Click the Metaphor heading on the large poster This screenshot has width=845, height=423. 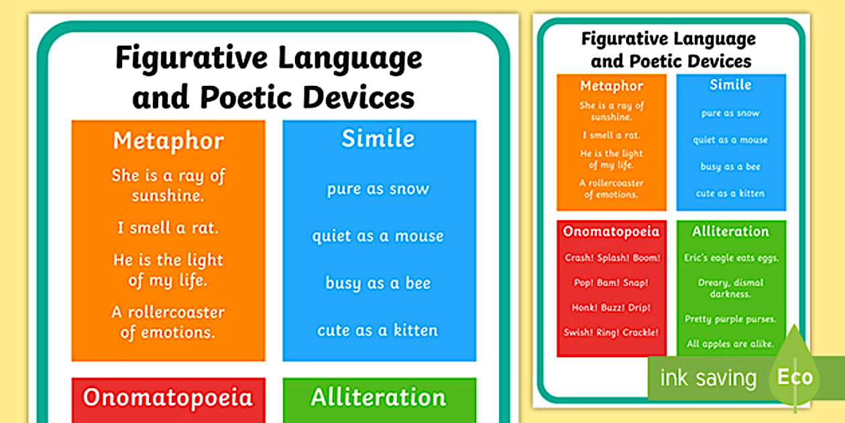click(x=168, y=141)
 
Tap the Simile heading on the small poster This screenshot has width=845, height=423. click(x=730, y=85)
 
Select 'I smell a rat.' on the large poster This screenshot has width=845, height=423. click(x=168, y=228)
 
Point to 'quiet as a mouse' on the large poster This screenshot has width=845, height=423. click(x=378, y=236)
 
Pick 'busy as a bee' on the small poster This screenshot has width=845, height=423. click(x=730, y=167)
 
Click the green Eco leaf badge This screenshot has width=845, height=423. click(x=795, y=376)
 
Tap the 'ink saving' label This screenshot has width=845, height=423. click(x=708, y=378)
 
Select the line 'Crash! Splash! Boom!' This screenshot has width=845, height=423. click(x=612, y=258)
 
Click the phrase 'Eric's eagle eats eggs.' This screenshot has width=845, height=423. click(x=730, y=258)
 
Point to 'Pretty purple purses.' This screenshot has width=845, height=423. click(x=730, y=319)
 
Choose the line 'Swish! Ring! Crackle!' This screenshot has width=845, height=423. click(x=612, y=332)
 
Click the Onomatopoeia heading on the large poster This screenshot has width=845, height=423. click(x=168, y=397)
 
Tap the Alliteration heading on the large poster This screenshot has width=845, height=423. click(x=378, y=397)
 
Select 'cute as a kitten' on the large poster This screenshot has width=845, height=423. click(x=378, y=330)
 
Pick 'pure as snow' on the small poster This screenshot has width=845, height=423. click(x=730, y=113)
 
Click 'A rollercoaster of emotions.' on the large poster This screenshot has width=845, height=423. click(x=168, y=322)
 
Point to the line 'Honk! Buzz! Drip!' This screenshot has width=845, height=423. click(x=612, y=308)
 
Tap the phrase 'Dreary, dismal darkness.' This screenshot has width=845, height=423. click(x=730, y=288)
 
